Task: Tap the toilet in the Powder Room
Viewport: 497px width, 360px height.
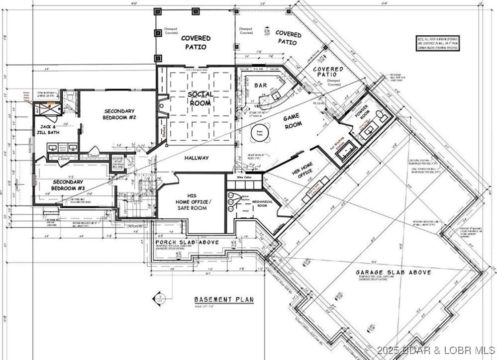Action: (380, 116)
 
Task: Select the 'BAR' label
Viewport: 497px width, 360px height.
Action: (261, 86)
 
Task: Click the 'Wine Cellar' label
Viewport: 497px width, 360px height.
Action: (237, 177)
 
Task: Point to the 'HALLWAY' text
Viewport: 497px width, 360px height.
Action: (196, 158)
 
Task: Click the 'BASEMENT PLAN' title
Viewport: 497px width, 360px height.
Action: (224, 299)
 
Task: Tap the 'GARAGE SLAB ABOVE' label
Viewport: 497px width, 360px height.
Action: (393, 272)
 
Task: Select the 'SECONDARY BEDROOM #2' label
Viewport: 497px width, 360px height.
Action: (119, 114)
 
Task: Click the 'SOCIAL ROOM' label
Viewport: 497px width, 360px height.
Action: (200, 98)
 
